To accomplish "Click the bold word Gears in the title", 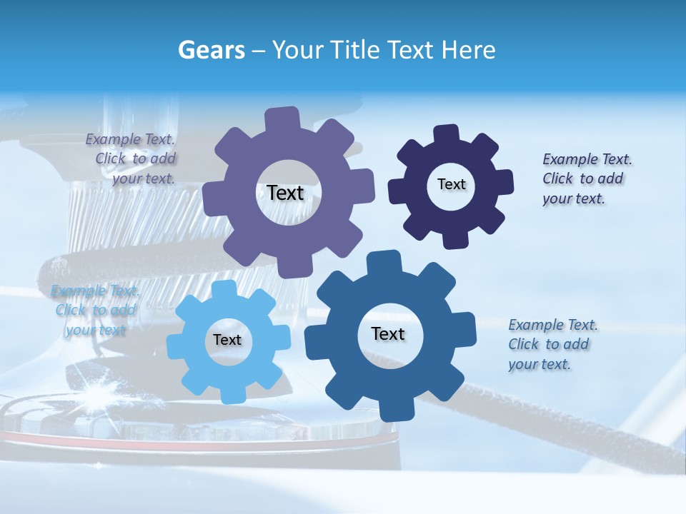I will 210,50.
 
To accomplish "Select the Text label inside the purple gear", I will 285,193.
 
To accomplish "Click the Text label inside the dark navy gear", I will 451,184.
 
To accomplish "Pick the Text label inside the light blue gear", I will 227,340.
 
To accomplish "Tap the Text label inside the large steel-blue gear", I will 388,333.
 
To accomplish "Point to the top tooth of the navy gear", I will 447,133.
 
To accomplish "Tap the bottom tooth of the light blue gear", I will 229,395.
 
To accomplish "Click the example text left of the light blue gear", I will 95,311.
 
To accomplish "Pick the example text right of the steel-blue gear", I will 550,344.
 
